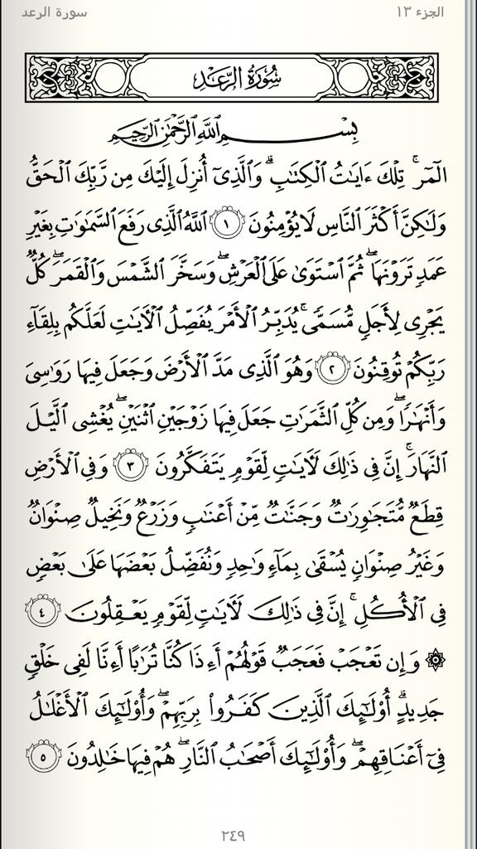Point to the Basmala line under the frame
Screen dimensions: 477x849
(x=239, y=133)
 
